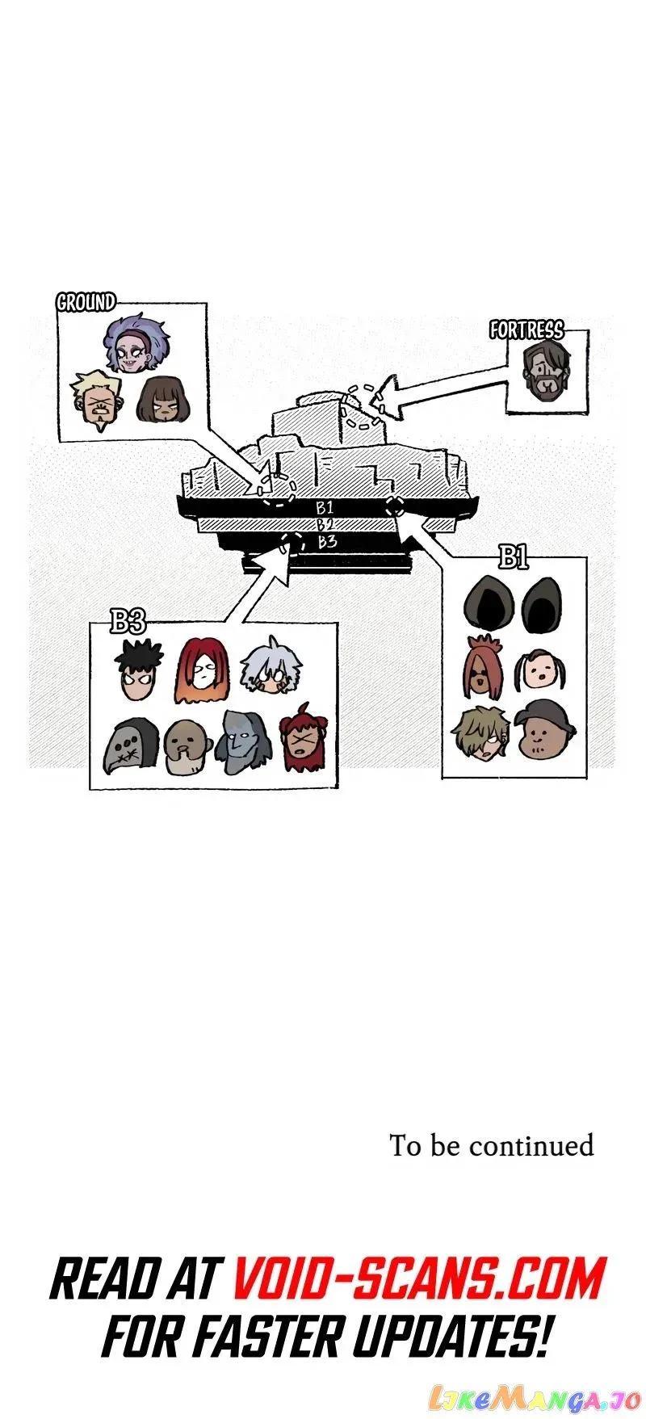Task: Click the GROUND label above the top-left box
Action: tap(86, 302)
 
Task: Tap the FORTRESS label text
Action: tap(526, 330)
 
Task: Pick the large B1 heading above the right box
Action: tap(514, 557)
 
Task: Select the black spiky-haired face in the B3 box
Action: tap(138, 672)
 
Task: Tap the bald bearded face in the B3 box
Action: tap(188, 746)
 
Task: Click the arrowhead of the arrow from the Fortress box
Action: tap(389, 397)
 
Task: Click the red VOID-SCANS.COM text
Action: tap(419, 1279)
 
